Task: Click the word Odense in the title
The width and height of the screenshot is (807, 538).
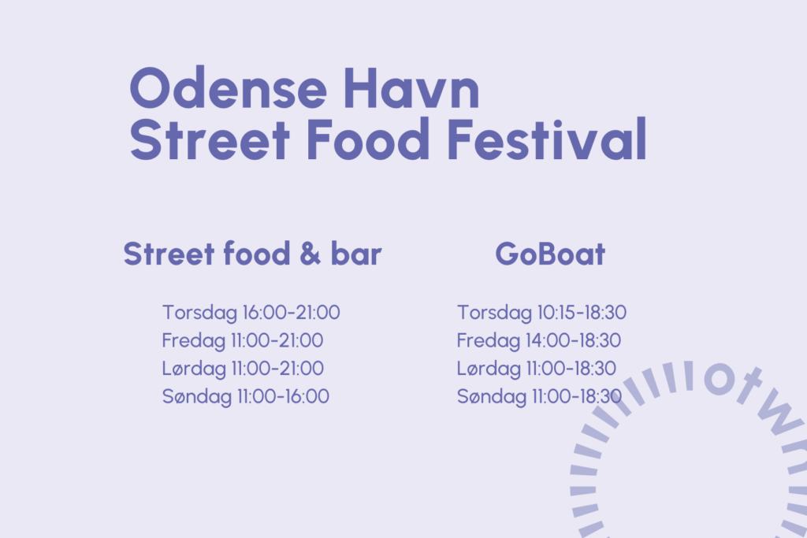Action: click(228, 88)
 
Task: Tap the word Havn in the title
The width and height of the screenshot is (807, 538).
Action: click(411, 88)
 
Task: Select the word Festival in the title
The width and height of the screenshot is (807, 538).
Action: click(547, 139)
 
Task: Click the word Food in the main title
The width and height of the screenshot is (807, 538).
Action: click(367, 139)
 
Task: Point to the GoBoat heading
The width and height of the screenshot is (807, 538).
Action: click(550, 254)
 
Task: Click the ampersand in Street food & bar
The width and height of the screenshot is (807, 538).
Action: click(310, 254)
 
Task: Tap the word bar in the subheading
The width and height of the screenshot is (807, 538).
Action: click(356, 254)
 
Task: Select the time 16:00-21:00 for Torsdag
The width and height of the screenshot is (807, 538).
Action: click(292, 312)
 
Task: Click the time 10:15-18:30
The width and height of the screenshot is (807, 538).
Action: click(582, 312)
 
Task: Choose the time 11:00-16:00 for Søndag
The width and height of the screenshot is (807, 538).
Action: click(283, 396)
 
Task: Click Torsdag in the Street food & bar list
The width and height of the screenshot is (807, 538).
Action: click(199, 313)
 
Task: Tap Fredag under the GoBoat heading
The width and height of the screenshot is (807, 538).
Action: click(489, 340)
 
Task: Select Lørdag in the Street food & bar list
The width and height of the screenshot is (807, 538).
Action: click(194, 369)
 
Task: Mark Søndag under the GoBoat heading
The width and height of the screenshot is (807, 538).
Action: click(492, 396)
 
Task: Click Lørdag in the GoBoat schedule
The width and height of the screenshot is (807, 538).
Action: click(489, 369)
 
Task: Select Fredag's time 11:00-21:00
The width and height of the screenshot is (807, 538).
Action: click(277, 340)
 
